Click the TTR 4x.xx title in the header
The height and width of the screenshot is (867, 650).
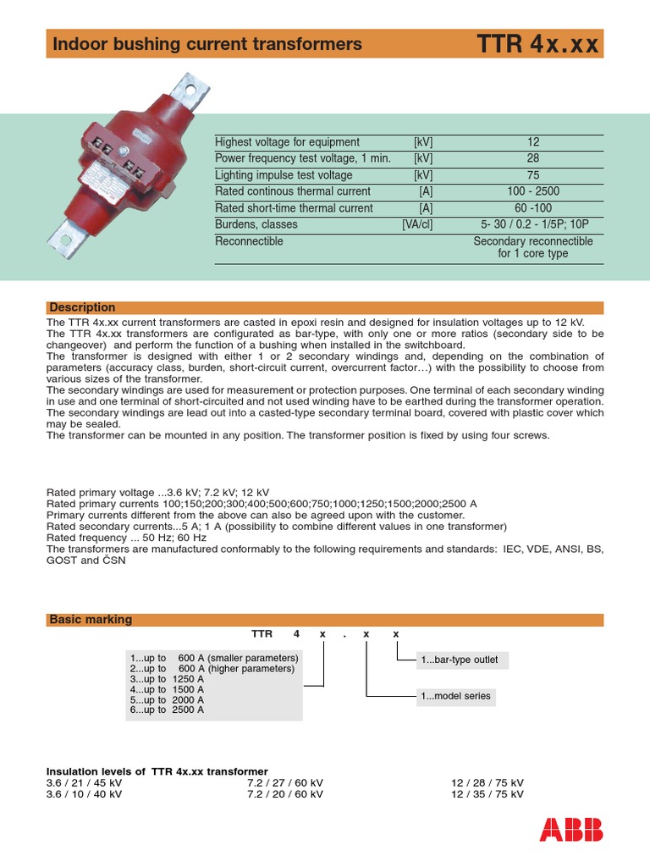tap(537, 44)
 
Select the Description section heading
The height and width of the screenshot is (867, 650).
tap(82, 307)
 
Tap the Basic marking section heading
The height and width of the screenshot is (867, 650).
tap(91, 620)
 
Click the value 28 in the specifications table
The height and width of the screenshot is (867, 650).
tap(532, 158)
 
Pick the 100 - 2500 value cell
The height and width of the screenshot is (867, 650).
tap(532, 191)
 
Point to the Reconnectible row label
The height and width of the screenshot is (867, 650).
tap(249, 241)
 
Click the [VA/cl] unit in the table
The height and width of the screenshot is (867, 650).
tap(416, 224)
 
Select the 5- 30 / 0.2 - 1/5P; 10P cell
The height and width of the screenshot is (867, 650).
tap(532, 224)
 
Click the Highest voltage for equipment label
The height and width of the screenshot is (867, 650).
tap(287, 142)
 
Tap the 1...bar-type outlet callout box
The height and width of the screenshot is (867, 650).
tap(460, 660)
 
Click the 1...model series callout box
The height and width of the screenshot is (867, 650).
tap(455, 696)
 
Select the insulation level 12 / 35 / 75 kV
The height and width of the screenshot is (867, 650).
tap(487, 794)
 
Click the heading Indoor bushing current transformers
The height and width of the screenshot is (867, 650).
tap(207, 44)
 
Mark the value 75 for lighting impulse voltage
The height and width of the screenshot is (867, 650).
tap(532, 175)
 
